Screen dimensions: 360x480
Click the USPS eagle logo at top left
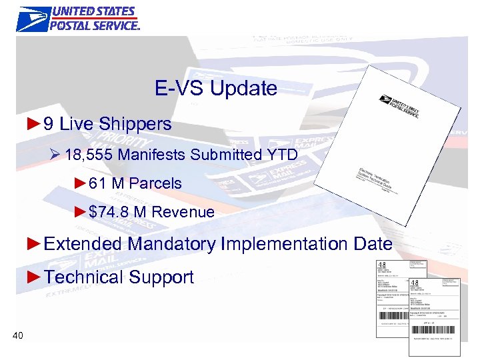[x=33, y=19]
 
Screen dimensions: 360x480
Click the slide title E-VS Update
[x=216, y=88]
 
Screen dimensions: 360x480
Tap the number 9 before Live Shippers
[x=48, y=124]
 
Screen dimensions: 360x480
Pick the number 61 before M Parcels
[x=98, y=183]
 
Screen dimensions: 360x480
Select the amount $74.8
[x=109, y=212]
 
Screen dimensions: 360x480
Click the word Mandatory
[x=171, y=244]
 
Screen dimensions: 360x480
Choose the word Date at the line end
[x=373, y=244]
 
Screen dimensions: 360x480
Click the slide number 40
[x=18, y=335]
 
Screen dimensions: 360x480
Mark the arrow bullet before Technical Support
[x=35, y=277]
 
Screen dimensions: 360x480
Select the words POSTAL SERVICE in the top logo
[x=95, y=25]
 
